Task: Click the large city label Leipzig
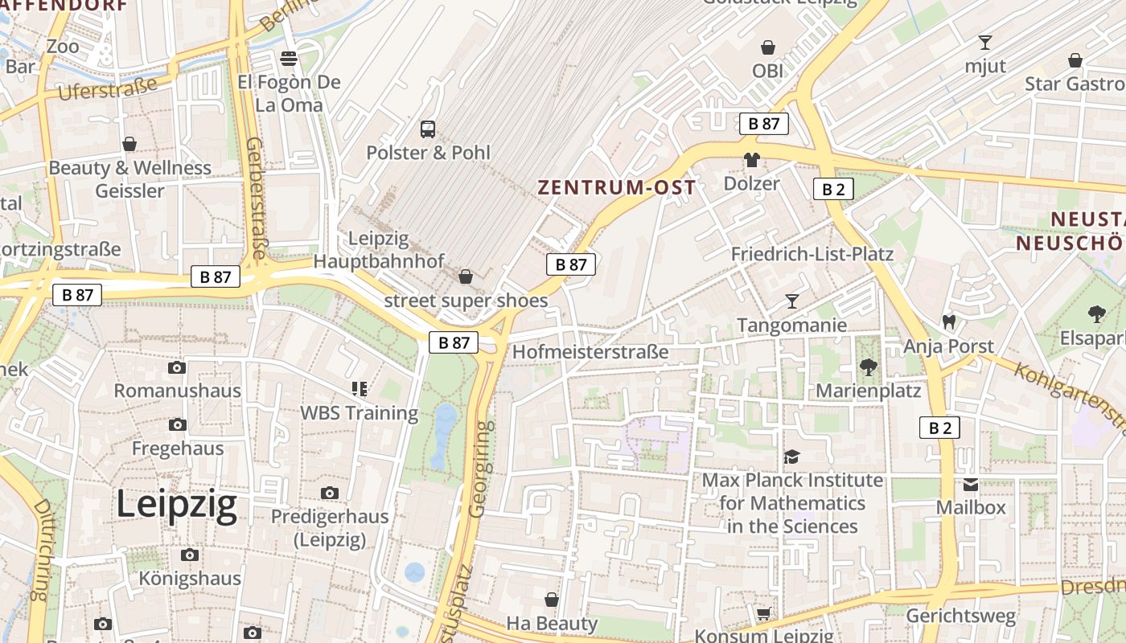tap(177, 505)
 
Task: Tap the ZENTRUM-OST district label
tap(617, 188)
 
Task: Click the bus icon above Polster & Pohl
tap(428, 129)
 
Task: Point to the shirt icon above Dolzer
tap(752, 160)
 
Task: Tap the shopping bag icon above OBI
tap(768, 47)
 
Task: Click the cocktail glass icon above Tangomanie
tap(792, 301)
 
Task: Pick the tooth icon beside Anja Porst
tap(949, 322)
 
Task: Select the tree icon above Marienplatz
tap(868, 367)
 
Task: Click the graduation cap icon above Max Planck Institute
tap(792, 457)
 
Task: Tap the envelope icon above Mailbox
tap(971, 485)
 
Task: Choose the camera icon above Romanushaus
tap(177, 368)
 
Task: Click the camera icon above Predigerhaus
tap(330, 493)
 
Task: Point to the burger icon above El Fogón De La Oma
tap(289, 58)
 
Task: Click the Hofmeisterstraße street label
tap(590, 352)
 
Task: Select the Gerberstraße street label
tap(256, 198)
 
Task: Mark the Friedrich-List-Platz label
tap(812, 255)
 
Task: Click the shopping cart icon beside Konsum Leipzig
tap(763, 613)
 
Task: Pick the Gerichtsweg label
tap(961, 616)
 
